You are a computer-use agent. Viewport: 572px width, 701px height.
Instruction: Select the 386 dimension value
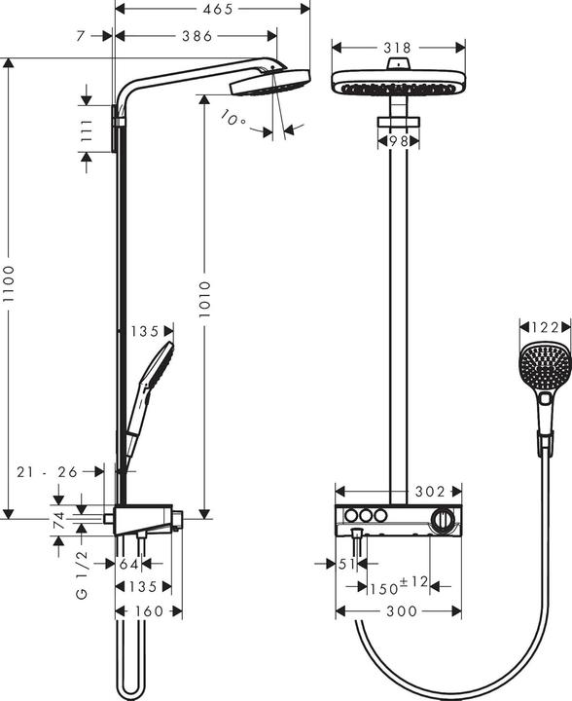click(197, 36)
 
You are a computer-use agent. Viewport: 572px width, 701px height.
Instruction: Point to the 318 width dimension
click(396, 47)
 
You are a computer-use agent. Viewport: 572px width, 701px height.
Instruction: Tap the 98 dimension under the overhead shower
click(395, 140)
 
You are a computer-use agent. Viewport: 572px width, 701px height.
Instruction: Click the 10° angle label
click(233, 120)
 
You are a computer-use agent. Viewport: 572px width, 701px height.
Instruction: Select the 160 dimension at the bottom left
click(149, 610)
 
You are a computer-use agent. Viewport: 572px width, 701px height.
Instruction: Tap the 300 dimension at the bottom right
click(402, 610)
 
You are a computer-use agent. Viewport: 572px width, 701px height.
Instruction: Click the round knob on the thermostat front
click(444, 521)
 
